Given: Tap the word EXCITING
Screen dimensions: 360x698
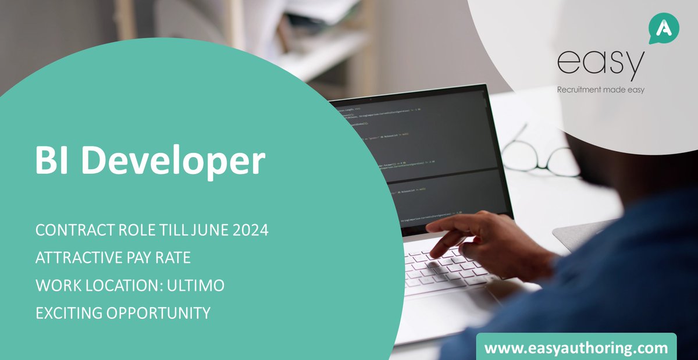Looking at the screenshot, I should click(x=68, y=313).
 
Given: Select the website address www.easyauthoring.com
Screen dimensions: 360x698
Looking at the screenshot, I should click(x=576, y=348).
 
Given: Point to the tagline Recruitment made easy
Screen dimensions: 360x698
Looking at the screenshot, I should click(x=601, y=90).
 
